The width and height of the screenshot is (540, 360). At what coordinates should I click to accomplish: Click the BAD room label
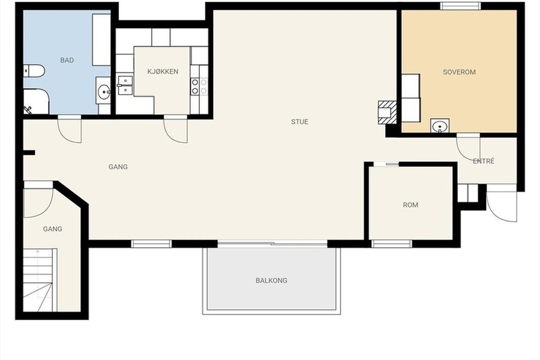67,60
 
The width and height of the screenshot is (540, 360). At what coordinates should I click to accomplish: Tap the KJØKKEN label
163,71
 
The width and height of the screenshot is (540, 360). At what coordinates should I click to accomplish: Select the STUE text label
299,122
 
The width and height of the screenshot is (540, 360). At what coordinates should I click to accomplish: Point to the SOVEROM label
459,72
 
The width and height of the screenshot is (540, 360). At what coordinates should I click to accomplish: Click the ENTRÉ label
484,161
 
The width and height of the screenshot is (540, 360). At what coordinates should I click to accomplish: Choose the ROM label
410,205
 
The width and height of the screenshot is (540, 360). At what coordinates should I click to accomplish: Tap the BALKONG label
271,280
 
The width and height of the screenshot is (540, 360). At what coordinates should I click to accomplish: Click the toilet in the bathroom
34,71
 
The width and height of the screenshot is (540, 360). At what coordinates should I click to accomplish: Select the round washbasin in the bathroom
103,91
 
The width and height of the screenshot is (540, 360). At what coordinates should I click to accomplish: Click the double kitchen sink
125,85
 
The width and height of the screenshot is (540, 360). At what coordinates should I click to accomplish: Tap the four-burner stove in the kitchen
199,86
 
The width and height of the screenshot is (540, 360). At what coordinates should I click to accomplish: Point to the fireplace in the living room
388,112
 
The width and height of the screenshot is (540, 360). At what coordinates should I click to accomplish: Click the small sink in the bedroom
440,126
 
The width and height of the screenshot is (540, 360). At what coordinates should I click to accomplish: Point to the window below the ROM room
392,244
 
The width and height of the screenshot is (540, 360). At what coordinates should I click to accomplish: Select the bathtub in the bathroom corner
36,101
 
